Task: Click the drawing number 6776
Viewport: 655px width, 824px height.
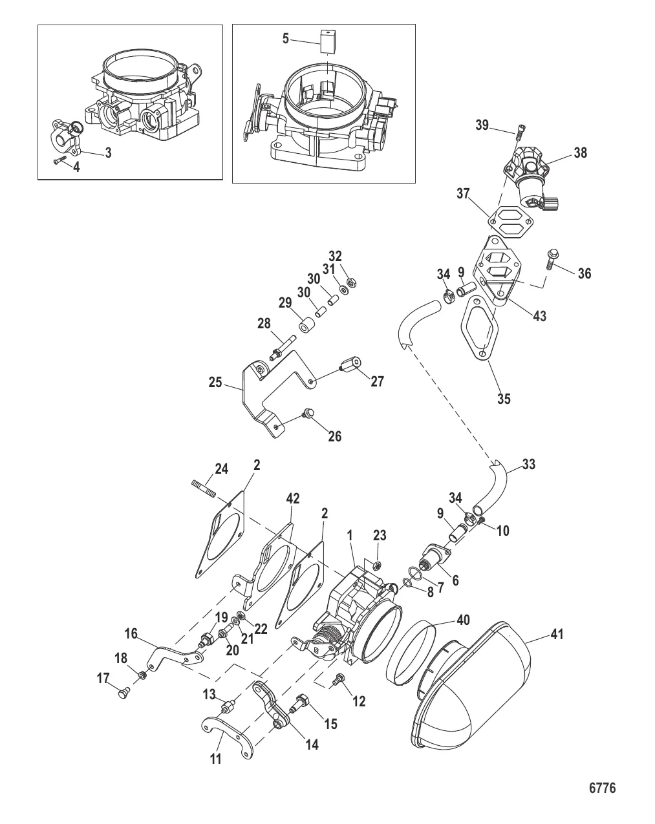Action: click(602, 788)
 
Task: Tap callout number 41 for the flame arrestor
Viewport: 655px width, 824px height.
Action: click(556, 635)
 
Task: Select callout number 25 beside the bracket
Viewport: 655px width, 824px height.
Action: click(215, 383)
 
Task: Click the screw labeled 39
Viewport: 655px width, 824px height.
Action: click(519, 132)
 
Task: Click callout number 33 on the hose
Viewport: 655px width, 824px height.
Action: click(528, 464)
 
